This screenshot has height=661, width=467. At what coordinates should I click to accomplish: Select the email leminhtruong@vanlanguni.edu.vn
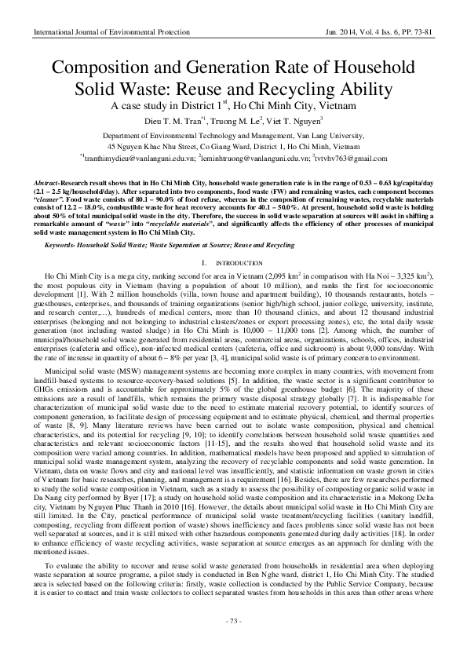[253, 158]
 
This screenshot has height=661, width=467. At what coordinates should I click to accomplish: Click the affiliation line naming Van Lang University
[233, 135]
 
